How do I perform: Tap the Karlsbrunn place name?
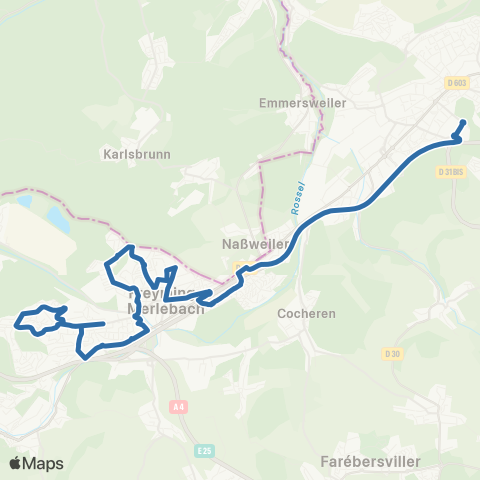coord(137,155)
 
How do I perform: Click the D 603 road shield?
coord(459,83)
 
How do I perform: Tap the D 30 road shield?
coord(391,353)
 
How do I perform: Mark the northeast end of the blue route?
coord(463,123)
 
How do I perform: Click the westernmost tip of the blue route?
coord(17,323)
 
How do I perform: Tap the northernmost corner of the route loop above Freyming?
coord(130,246)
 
